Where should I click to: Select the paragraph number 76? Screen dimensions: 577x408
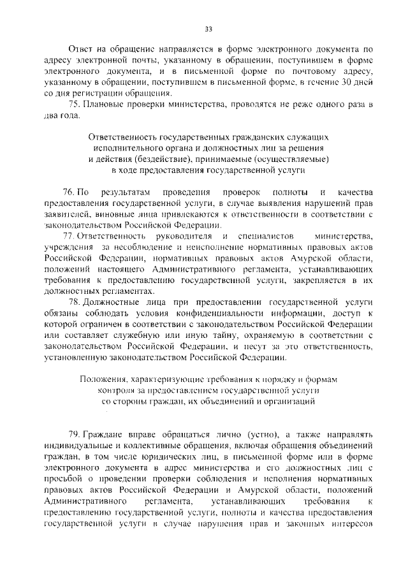click(x=68, y=193)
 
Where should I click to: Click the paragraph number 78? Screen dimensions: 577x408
click(x=68, y=301)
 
